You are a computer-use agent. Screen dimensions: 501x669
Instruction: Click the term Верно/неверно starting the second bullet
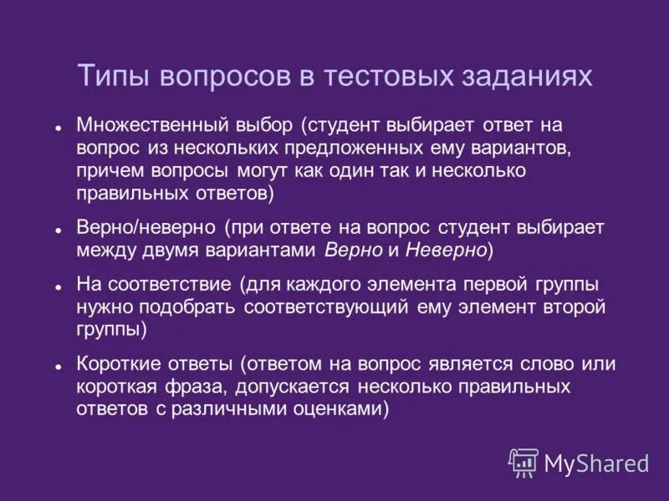coord(146,228)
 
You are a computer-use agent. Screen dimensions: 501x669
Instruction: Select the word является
coord(462,365)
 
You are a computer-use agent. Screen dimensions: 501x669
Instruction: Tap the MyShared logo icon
coord(524,463)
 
